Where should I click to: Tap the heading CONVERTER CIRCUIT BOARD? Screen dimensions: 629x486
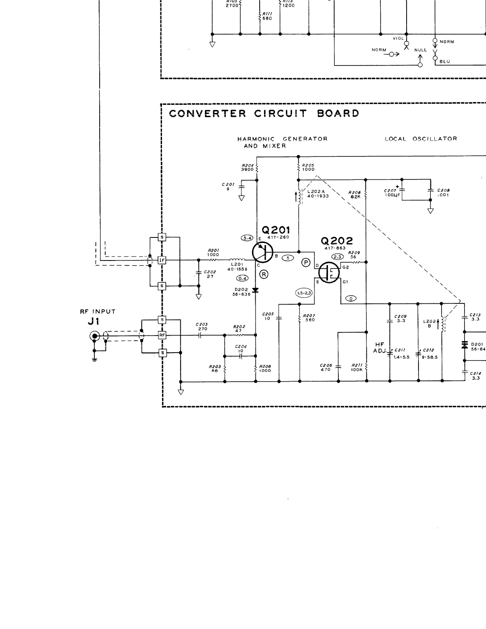(x=264, y=113)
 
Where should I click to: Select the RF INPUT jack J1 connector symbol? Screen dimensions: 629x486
(x=94, y=337)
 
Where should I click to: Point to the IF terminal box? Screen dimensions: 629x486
(x=162, y=260)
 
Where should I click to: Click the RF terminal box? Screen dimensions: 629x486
(x=162, y=335)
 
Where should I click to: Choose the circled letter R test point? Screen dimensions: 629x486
(x=264, y=274)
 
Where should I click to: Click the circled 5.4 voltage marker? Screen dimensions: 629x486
(x=247, y=238)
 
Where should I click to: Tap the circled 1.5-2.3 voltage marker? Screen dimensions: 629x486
(x=304, y=293)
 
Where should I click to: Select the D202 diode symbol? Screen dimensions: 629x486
(x=255, y=290)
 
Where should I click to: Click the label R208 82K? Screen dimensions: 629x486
(x=354, y=195)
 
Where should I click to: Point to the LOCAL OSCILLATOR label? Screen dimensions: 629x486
(x=421, y=139)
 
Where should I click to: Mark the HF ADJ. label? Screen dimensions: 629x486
(x=380, y=348)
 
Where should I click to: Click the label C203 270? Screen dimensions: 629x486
(x=202, y=326)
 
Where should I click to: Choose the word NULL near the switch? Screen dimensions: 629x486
(x=420, y=50)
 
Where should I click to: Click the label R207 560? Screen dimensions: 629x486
(x=309, y=318)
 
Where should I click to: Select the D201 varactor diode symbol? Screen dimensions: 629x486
(x=465, y=345)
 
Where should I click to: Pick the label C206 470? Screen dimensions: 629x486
(x=326, y=367)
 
